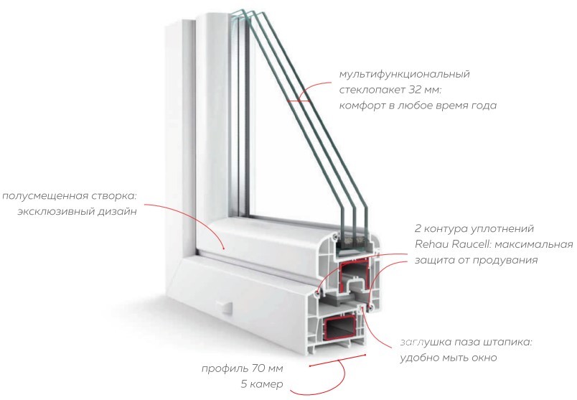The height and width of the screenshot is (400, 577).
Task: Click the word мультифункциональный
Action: pos(405,75)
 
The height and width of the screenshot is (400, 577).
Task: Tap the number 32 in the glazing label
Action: pos(414,90)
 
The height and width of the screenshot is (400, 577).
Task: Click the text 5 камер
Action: pos(262,384)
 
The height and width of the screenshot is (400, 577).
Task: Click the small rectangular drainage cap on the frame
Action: pos(225,307)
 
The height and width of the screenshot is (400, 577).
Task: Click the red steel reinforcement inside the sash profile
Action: pos(354,274)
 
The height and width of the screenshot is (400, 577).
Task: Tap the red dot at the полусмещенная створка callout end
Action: pos(223,248)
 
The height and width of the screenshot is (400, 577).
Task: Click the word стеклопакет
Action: pos(370,90)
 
